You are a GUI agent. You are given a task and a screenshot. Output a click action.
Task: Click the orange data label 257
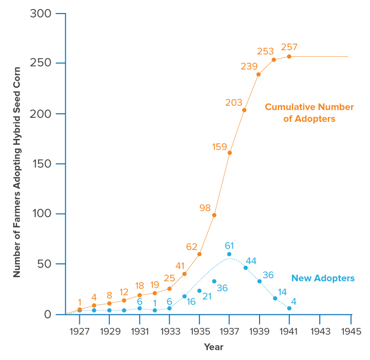click(x=289, y=47)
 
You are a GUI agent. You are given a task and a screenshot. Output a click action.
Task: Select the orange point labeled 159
click(x=229, y=152)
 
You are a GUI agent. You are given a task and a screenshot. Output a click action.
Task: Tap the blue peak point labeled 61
click(x=229, y=254)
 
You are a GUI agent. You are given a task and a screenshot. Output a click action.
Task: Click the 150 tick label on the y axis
click(x=41, y=164)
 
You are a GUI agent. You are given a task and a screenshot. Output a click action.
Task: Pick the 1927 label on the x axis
click(x=80, y=331)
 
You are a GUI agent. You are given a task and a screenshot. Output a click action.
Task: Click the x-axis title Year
click(x=213, y=347)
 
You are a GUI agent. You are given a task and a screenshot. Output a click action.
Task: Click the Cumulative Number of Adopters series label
click(x=309, y=113)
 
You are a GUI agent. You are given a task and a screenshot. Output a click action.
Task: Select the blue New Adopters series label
click(x=323, y=278)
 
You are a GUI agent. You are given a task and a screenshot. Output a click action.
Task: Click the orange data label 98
click(x=205, y=208)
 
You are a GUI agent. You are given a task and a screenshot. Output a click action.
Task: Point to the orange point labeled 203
click(x=244, y=110)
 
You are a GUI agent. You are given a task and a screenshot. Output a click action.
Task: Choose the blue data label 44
click(x=251, y=261)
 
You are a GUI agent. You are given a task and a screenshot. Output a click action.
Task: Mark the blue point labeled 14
click(x=275, y=298)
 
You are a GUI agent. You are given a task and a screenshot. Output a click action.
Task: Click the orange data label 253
click(x=265, y=51)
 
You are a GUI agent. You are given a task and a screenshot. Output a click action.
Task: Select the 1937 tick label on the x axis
click(x=229, y=331)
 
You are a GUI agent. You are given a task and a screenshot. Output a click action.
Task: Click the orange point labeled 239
click(x=259, y=74)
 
